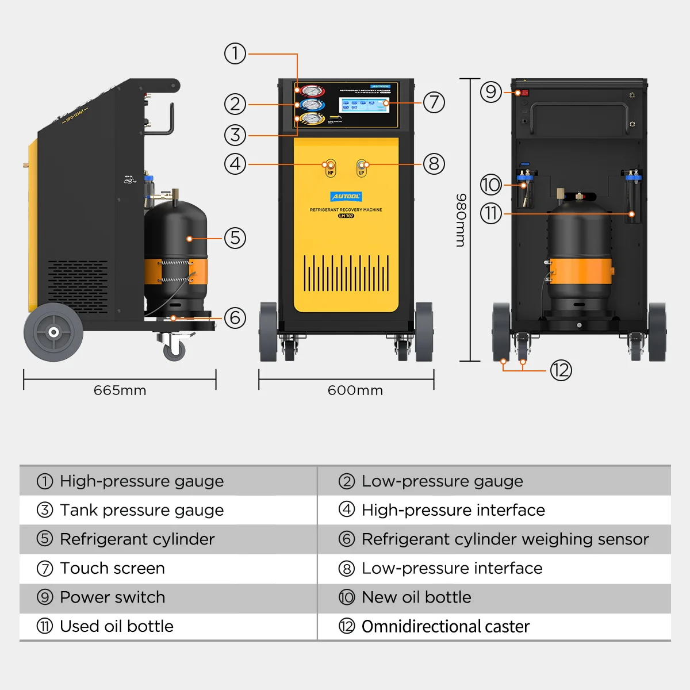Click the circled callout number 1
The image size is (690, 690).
click(235, 53)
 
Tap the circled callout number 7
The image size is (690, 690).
click(434, 102)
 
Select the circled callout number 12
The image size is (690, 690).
click(561, 370)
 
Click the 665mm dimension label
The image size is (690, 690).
click(120, 390)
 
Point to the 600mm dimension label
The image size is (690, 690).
click(355, 390)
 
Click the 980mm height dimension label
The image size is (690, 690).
click(461, 220)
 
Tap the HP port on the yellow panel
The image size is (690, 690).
click(331, 167)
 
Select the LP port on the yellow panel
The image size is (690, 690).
click(362, 167)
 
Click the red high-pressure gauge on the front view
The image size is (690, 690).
click(311, 91)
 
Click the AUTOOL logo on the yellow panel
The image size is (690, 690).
click(346, 196)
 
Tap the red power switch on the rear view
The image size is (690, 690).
click(522, 93)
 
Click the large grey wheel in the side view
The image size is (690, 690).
click(53, 332)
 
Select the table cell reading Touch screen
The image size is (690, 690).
click(112, 568)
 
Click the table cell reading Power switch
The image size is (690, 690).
click(112, 597)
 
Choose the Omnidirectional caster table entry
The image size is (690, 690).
click(445, 626)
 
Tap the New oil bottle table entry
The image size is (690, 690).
click(416, 597)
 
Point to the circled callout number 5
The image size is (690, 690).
click(235, 237)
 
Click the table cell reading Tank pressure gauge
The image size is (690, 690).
click(141, 510)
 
